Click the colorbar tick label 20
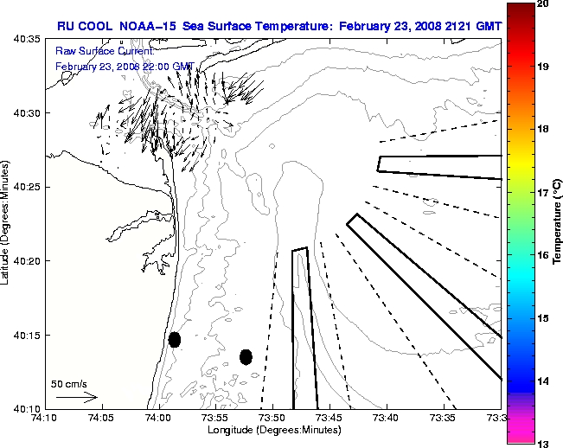click(542, 4)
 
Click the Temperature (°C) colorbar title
click(558, 224)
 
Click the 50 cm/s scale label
click(69, 383)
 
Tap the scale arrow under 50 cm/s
click(76, 397)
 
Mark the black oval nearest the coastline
click(175, 339)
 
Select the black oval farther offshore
click(246, 356)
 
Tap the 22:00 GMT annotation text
click(170, 66)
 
